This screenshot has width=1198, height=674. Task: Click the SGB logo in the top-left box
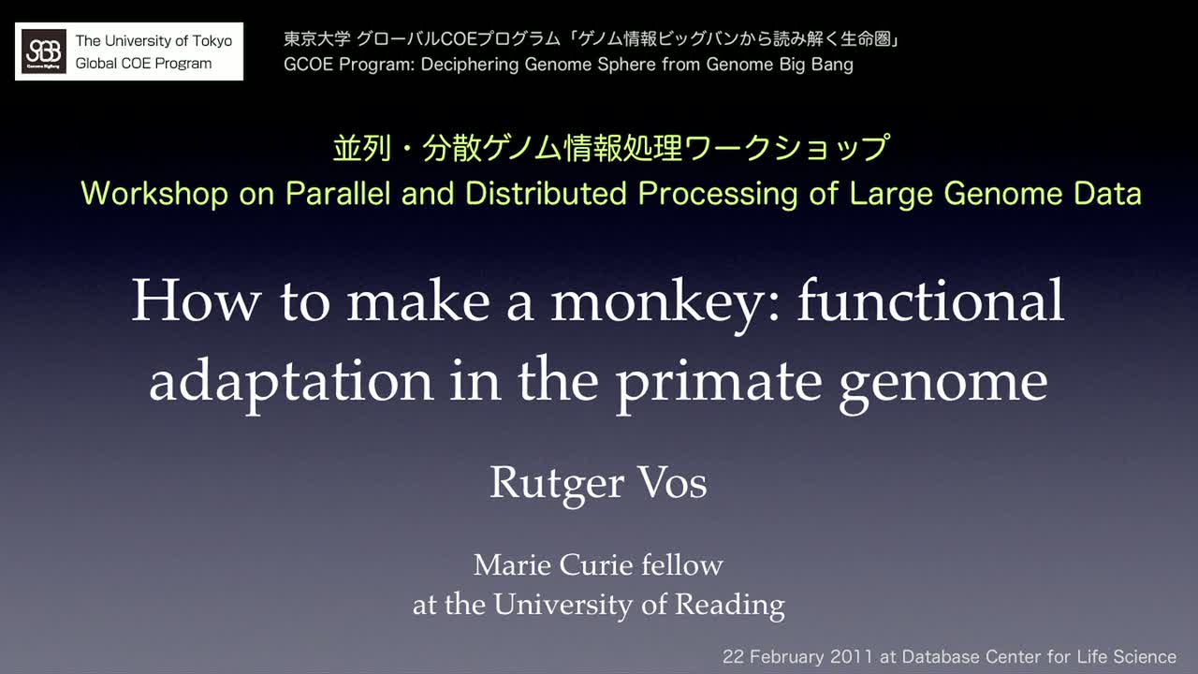click(x=44, y=51)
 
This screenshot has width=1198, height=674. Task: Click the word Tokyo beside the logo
click(x=212, y=41)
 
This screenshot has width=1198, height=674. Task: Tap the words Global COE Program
click(x=143, y=63)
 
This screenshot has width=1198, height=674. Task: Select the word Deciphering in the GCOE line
click(x=470, y=65)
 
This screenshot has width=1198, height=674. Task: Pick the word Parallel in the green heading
click(x=338, y=193)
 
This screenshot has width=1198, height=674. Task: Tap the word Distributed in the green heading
click(x=546, y=193)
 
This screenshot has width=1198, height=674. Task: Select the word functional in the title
click(x=930, y=300)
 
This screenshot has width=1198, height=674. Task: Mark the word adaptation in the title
click(x=291, y=382)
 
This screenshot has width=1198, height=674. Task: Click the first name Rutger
click(x=557, y=484)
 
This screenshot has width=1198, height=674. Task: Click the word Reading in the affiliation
click(x=729, y=606)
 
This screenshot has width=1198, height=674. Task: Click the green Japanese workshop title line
click(x=611, y=148)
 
